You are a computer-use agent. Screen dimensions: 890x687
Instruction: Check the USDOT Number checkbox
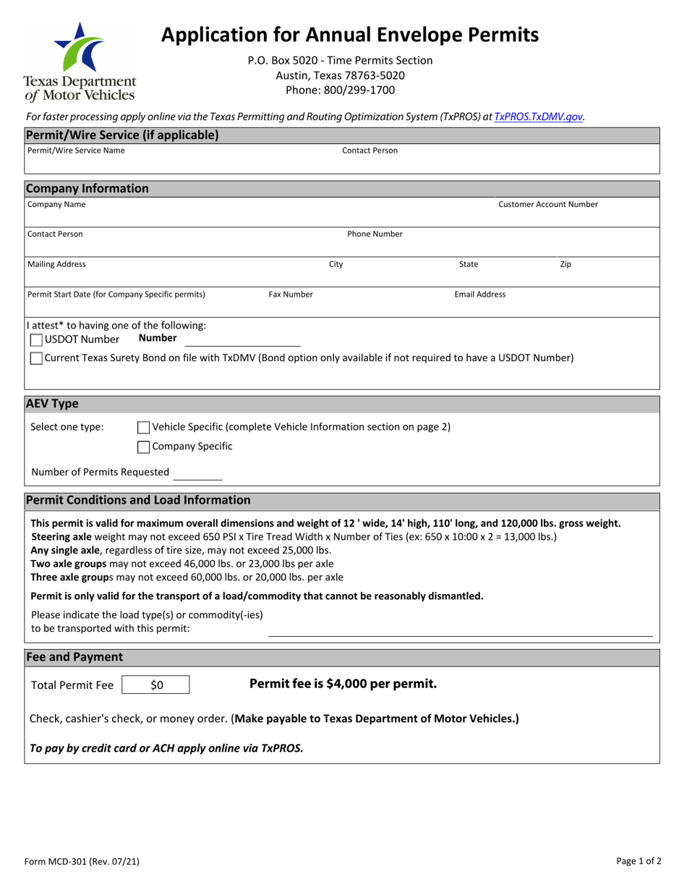point(36,339)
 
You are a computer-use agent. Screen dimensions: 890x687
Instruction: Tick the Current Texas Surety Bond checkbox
point(36,358)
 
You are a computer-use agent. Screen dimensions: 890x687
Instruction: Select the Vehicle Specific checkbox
point(143,427)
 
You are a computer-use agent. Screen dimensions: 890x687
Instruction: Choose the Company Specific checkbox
point(143,446)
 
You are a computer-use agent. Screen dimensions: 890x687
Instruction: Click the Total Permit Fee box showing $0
point(156,685)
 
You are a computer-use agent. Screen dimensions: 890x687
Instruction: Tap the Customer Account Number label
point(548,205)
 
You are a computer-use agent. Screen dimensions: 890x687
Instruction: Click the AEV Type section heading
point(52,404)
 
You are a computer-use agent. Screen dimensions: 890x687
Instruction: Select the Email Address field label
point(479,294)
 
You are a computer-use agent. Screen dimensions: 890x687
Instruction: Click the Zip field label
point(566,264)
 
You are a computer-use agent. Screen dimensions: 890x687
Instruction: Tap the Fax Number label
point(291,294)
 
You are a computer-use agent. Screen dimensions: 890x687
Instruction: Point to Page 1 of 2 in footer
point(639,861)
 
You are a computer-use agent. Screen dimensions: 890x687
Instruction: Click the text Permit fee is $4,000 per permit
point(343,684)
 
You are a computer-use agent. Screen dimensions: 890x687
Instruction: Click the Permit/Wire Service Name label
point(76,151)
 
